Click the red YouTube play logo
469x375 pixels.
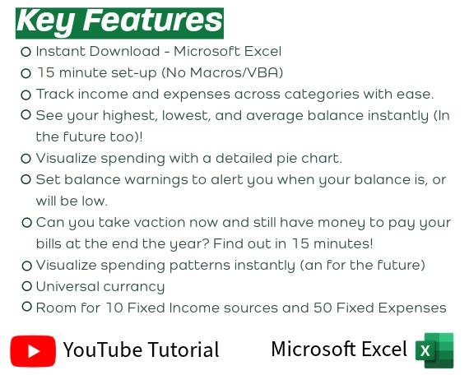tap(33, 351)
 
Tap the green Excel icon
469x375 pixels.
tap(434, 350)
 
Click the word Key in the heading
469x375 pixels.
tap(44, 20)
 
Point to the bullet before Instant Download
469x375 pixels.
tap(26, 52)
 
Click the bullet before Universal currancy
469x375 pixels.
tap(26, 286)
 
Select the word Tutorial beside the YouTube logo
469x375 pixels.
tap(179, 350)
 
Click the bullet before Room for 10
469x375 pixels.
tap(26, 308)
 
